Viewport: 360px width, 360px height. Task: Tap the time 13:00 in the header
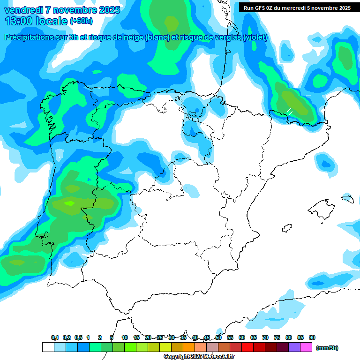(19, 21)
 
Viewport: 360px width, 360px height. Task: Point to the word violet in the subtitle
(255, 37)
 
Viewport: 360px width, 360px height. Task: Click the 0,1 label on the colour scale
(55, 337)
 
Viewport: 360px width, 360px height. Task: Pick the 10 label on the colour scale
(125, 337)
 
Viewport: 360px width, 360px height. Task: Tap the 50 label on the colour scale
(218, 337)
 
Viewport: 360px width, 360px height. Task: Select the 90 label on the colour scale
(312, 337)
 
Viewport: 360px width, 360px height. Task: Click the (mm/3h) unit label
(327, 348)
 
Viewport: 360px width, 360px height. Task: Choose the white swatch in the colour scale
(48, 347)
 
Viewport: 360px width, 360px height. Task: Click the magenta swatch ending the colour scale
(306, 347)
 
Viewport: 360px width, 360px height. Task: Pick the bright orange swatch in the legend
(189, 347)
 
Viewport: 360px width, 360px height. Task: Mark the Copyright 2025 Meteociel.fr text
(199, 357)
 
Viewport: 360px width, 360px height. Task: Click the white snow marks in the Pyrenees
(290, 112)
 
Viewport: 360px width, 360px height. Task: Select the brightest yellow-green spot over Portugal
(70, 203)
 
